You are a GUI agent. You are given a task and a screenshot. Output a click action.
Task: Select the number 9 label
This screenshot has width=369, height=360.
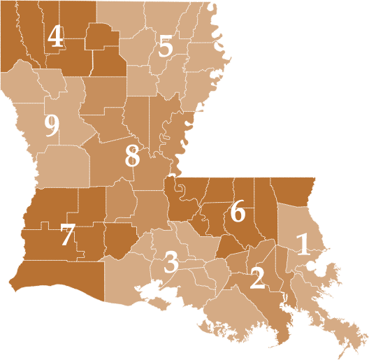pyautogui.click(x=51, y=126)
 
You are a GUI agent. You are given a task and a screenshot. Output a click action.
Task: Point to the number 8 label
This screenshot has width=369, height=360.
pyautogui.click(x=132, y=156)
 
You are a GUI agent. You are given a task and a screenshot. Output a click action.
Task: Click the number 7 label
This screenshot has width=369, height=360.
pyautogui.click(x=67, y=234)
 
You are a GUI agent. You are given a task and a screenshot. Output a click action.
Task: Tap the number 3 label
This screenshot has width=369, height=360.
pyautogui.click(x=171, y=262)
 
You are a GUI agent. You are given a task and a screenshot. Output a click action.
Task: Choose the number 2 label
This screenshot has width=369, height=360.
pyautogui.click(x=257, y=278)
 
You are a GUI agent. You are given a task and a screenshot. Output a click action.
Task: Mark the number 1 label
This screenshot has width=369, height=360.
pyautogui.click(x=303, y=245)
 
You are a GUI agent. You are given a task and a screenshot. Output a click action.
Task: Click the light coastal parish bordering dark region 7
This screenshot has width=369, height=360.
pyautogui.click(x=129, y=276)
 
